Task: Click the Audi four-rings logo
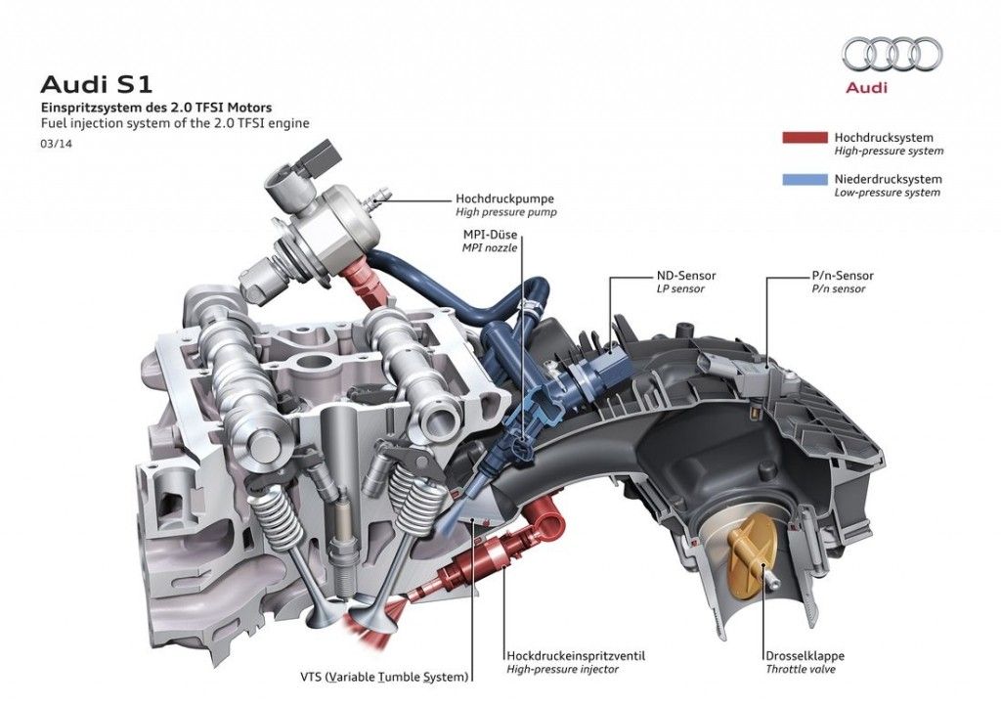click(x=892, y=55)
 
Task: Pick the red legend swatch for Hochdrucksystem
click(x=805, y=138)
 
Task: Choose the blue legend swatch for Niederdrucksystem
click(x=805, y=180)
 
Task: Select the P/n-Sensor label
click(x=843, y=276)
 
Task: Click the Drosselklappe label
click(x=805, y=655)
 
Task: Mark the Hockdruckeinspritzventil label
click(x=576, y=655)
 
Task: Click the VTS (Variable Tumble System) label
click(x=385, y=676)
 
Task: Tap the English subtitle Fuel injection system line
click(x=172, y=123)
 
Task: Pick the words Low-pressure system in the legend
click(x=887, y=193)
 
